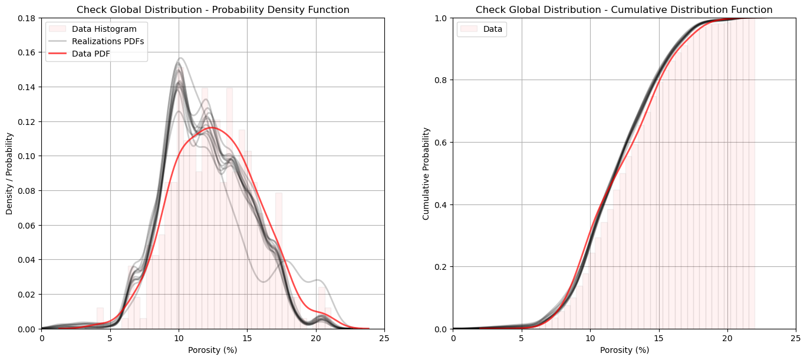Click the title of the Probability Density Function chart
(x=213, y=9)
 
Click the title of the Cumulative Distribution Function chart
(x=624, y=9)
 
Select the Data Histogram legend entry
(x=104, y=29)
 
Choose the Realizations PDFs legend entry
(x=108, y=41)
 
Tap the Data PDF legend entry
(x=91, y=54)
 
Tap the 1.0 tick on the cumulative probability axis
(x=442, y=18)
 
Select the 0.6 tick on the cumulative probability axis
(x=442, y=142)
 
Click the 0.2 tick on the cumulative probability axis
(x=442, y=266)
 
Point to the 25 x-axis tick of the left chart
(x=384, y=338)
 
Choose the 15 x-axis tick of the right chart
(x=659, y=338)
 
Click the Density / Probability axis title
(x=9, y=173)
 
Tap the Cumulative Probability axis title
(x=426, y=173)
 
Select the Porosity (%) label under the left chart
(x=213, y=350)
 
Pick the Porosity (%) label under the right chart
(x=624, y=350)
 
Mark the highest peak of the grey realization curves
(x=180, y=58)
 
